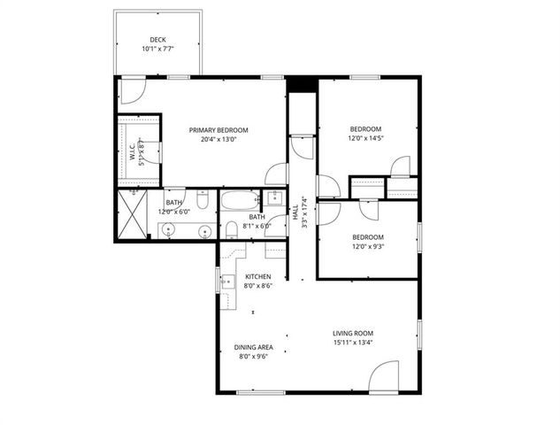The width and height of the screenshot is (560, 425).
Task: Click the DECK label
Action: (157, 39)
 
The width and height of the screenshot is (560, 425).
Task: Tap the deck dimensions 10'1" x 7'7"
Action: (157, 49)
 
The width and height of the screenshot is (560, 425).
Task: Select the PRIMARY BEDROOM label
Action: (219, 130)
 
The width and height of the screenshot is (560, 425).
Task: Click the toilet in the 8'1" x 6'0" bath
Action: (232, 230)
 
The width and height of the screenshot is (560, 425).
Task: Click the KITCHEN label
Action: (258, 277)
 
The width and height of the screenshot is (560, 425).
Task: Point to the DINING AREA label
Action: (251, 347)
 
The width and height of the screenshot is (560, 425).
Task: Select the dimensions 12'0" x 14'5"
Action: (367, 138)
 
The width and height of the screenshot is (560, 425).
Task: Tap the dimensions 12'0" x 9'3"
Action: (367, 246)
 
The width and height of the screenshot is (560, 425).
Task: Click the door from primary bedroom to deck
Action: (133, 88)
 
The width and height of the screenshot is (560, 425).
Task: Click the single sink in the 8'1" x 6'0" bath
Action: (274, 197)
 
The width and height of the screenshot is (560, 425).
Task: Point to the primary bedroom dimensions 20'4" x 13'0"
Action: (219, 139)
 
